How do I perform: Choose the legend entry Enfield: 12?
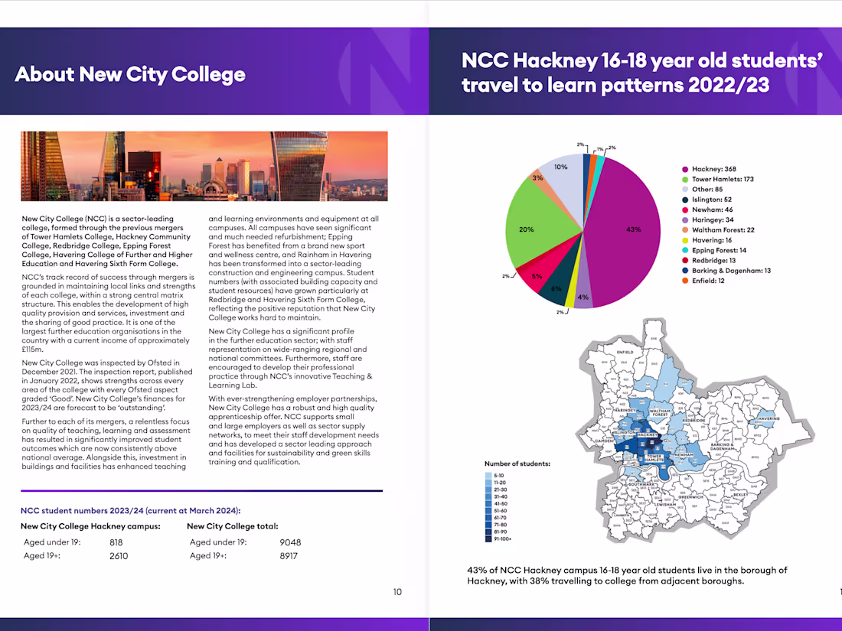coord(708,281)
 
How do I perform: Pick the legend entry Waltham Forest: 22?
coord(723,230)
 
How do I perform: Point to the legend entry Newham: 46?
coord(712,210)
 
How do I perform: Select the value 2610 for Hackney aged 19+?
coord(119,556)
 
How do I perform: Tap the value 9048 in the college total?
coord(290,542)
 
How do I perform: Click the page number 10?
coord(397,591)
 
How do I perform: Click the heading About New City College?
coord(130,74)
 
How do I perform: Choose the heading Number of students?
coord(517,463)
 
